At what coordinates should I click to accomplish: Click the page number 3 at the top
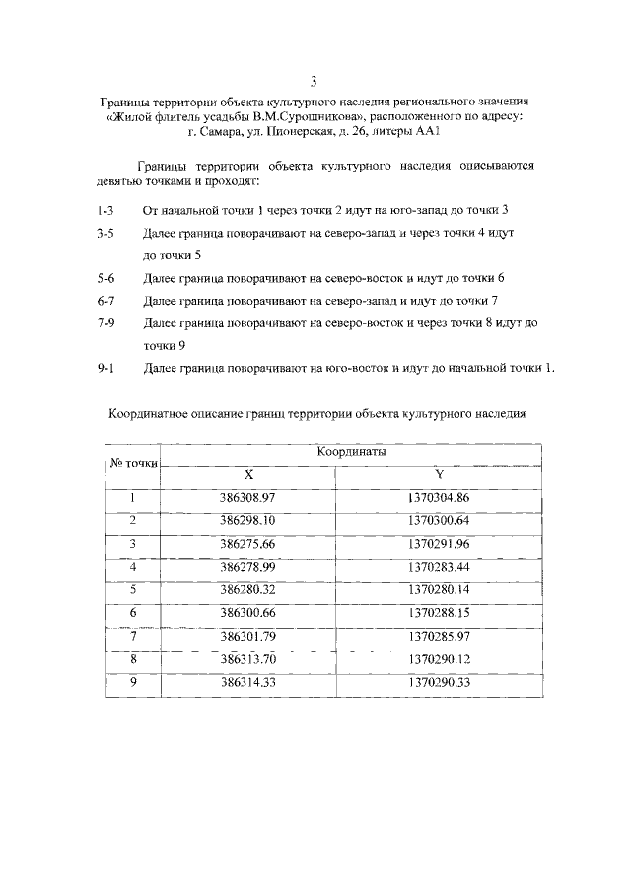point(315,81)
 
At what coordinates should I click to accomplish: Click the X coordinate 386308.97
point(247,498)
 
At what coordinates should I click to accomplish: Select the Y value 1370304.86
point(439,498)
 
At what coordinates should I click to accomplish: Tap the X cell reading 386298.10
point(247,520)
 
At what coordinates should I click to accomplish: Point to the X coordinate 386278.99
point(247,567)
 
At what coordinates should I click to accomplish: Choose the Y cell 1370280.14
point(439,590)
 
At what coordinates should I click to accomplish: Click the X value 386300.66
point(247,613)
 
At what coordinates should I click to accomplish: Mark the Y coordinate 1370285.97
point(439,637)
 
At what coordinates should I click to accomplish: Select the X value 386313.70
point(247,659)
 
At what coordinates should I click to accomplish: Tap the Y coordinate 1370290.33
point(439,682)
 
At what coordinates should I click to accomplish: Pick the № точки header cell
point(132,463)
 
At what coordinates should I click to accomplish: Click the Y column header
point(439,474)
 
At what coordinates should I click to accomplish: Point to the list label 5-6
point(105,279)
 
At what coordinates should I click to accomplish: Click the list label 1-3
point(105,211)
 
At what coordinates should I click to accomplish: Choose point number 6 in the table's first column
point(132,613)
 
